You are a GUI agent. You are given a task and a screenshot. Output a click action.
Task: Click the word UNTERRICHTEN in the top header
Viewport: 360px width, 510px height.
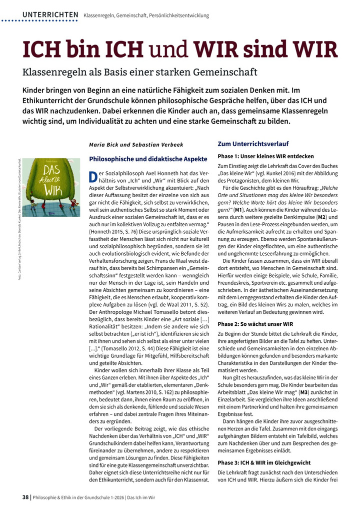[x=50, y=15]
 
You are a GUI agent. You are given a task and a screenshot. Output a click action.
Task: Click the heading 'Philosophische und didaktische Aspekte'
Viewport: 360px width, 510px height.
[x=147, y=159]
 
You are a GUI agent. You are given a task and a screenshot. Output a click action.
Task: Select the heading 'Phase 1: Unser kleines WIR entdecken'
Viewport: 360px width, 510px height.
[x=265, y=157]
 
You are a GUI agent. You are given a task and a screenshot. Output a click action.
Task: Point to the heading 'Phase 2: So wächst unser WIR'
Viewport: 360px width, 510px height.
[x=255, y=324]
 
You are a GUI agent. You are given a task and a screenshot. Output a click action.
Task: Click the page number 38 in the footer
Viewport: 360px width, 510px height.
[x=25, y=496]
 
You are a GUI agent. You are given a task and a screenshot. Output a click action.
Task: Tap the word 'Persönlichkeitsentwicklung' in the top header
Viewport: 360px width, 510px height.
[x=178, y=16]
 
